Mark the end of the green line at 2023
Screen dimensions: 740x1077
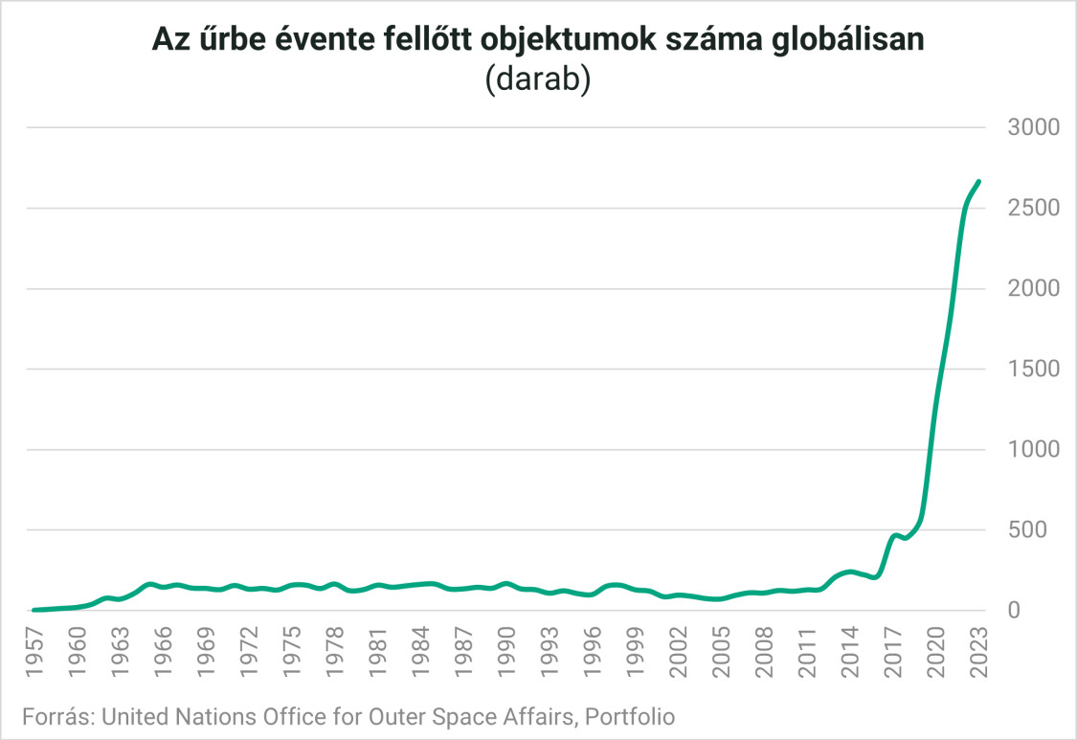(978, 182)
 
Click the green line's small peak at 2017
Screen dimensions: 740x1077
(894, 535)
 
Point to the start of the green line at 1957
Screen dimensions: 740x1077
(34, 609)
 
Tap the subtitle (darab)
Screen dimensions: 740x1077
(538, 79)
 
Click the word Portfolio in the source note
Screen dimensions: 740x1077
(629, 716)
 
